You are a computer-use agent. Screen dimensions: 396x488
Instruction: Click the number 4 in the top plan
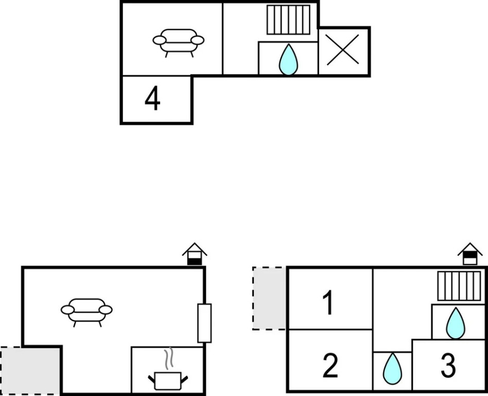(x=152, y=99)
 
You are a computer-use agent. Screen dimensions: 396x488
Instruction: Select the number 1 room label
(x=328, y=303)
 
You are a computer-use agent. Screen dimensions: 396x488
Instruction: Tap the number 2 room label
(x=330, y=366)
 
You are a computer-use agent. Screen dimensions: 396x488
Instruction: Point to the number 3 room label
(x=448, y=366)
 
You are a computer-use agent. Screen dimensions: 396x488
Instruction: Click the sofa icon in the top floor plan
(x=178, y=41)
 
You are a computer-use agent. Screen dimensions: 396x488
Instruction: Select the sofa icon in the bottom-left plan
(x=86, y=311)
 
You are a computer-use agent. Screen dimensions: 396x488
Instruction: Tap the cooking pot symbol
(x=168, y=381)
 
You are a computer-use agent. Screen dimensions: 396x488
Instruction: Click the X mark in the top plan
(x=343, y=52)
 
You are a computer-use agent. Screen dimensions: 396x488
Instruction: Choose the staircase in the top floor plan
(x=288, y=20)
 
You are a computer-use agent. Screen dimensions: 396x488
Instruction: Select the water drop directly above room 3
(x=456, y=323)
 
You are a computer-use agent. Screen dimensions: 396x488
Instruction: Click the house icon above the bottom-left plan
(x=195, y=254)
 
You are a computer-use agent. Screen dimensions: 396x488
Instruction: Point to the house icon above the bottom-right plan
(x=469, y=254)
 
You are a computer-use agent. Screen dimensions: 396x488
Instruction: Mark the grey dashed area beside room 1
(x=269, y=298)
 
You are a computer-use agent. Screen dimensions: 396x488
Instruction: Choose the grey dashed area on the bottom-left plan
(x=30, y=370)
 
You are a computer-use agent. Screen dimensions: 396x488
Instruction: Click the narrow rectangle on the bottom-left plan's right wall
(x=204, y=323)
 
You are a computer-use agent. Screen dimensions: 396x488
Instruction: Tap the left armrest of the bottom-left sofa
(x=67, y=310)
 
